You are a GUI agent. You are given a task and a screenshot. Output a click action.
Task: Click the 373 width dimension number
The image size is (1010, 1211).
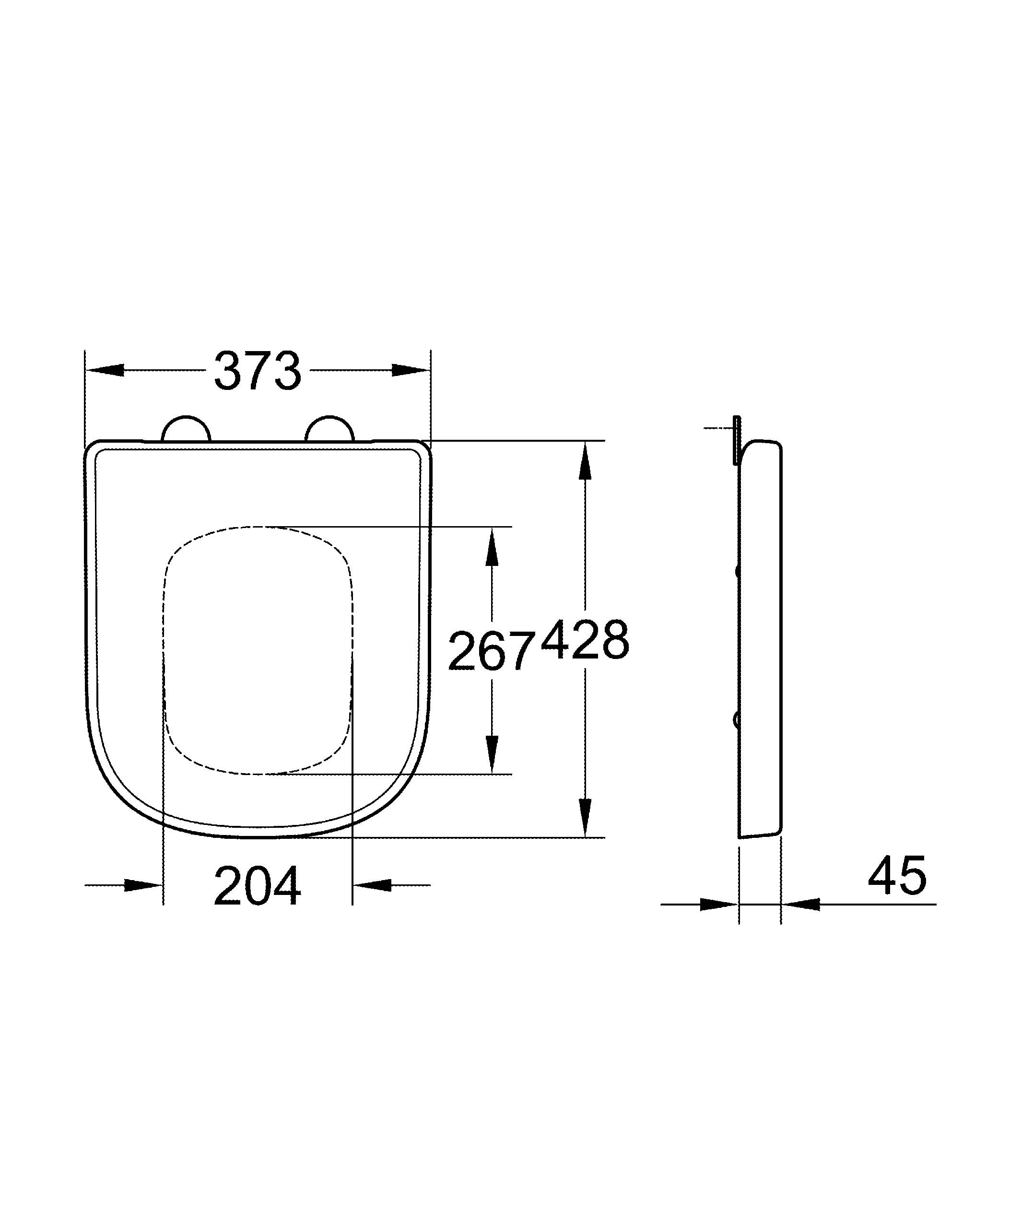pos(257,371)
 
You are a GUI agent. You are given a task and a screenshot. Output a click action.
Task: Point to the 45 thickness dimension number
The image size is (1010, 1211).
pos(896,875)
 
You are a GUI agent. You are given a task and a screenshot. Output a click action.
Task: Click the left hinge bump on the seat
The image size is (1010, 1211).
pos(186,429)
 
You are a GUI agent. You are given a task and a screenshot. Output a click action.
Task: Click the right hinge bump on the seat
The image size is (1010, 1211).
pos(329,429)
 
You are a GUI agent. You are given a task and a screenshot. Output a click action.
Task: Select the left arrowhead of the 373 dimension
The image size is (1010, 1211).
pos(106,370)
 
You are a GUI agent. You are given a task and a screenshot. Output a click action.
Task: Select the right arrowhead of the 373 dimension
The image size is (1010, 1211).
pos(411,370)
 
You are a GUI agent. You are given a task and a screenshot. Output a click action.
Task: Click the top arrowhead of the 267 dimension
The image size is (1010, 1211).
pos(491,548)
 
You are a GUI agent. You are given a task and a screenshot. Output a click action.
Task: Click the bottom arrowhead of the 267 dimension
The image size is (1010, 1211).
pos(491,752)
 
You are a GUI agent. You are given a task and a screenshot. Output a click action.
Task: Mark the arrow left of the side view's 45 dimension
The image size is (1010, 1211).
pos(718,904)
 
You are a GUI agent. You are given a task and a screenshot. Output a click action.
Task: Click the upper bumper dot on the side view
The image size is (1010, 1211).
pos(737,571)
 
